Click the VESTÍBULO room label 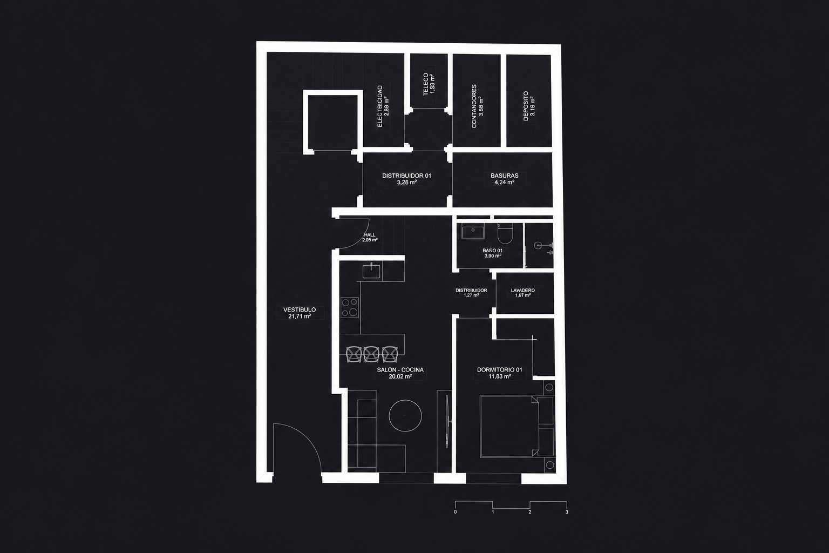(300, 309)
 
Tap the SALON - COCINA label (400, 369)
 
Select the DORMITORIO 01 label (500, 369)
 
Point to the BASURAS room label (505, 176)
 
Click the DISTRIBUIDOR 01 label (407, 176)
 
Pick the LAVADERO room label (522, 291)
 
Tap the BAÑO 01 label (492, 251)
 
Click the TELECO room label (426, 84)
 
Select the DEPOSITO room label (526, 106)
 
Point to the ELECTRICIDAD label (380, 106)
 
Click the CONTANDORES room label (474, 106)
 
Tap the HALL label (369, 235)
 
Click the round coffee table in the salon (405, 416)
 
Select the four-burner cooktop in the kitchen (349, 307)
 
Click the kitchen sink (371, 271)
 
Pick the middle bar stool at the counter (371, 354)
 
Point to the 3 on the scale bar (567, 512)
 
